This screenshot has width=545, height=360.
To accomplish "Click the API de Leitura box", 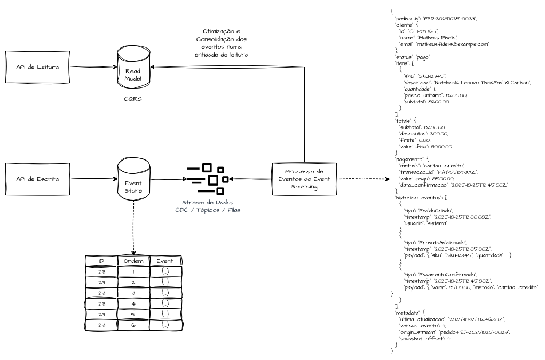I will pyautogui.click(x=38, y=67).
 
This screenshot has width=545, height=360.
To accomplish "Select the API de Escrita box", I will pyautogui.click(x=38, y=179).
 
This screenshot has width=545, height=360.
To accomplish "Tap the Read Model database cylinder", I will pyautogui.click(x=133, y=68).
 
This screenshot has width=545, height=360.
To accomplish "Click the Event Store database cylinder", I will pyautogui.click(x=133, y=180).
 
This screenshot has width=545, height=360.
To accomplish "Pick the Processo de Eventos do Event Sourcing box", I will pyautogui.click(x=304, y=179).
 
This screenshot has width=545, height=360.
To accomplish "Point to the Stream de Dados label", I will pyautogui.click(x=208, y=203).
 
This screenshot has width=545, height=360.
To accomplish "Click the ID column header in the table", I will pyautogui.click(x=101, y=261).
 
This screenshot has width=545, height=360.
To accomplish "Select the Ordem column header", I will pyautogui.click(x=133, y=261).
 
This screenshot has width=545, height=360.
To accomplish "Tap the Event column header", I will pyautogui.click(x=165, y=261).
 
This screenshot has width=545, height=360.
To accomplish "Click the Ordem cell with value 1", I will pyautogui.click(x=133, y=271).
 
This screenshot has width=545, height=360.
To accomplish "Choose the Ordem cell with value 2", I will pyautogui.click(x=133, y=282).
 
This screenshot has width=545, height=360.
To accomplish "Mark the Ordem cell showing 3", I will pyautogui.click(x=133, y=293).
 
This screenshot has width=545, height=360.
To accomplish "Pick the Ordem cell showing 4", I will pyautogui.click(x=133, y=303).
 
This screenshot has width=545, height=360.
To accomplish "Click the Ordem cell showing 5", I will pyautogui.click(x=133, y=314).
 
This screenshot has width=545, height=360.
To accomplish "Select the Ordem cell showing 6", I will pyautogui.click(x=133, y=325).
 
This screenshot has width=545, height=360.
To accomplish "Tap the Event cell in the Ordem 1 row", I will pyautogui.click(x=165, y=271).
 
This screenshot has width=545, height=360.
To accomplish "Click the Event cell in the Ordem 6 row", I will pyautogui.click(x=165, y=325).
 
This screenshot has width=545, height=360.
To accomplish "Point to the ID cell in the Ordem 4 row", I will pyautogui.click(x=101, y=303).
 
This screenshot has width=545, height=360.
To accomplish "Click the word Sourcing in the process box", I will pyautogui.click(x=304, y=187).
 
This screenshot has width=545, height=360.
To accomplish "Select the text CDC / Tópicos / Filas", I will pyautogui.click(x=208, y=210).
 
